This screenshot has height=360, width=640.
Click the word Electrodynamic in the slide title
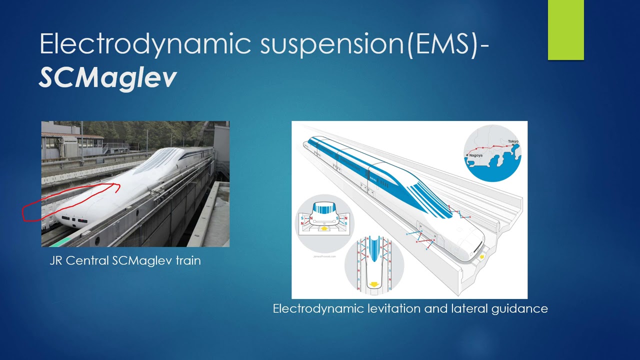(145, 44)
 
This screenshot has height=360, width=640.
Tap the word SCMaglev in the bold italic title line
(108, 77)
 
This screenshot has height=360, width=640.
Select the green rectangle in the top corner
(565, 30)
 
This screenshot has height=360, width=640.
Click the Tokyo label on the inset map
(513, 141)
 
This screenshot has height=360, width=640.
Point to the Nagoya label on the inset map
(475, 155)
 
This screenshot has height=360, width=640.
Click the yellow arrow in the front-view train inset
(324, 228)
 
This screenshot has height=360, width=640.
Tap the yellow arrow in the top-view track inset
(373, 284)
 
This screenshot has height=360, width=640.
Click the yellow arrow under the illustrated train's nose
(482, 256)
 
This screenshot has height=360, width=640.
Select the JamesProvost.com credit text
(323, 256)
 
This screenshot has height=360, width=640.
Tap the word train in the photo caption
(188, 260)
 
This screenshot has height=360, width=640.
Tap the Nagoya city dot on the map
(467, 155)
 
